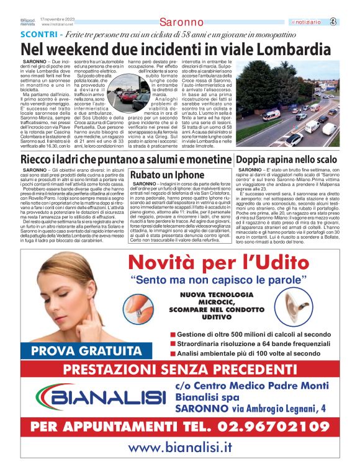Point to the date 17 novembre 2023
58,19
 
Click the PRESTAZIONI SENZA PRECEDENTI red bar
180,370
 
